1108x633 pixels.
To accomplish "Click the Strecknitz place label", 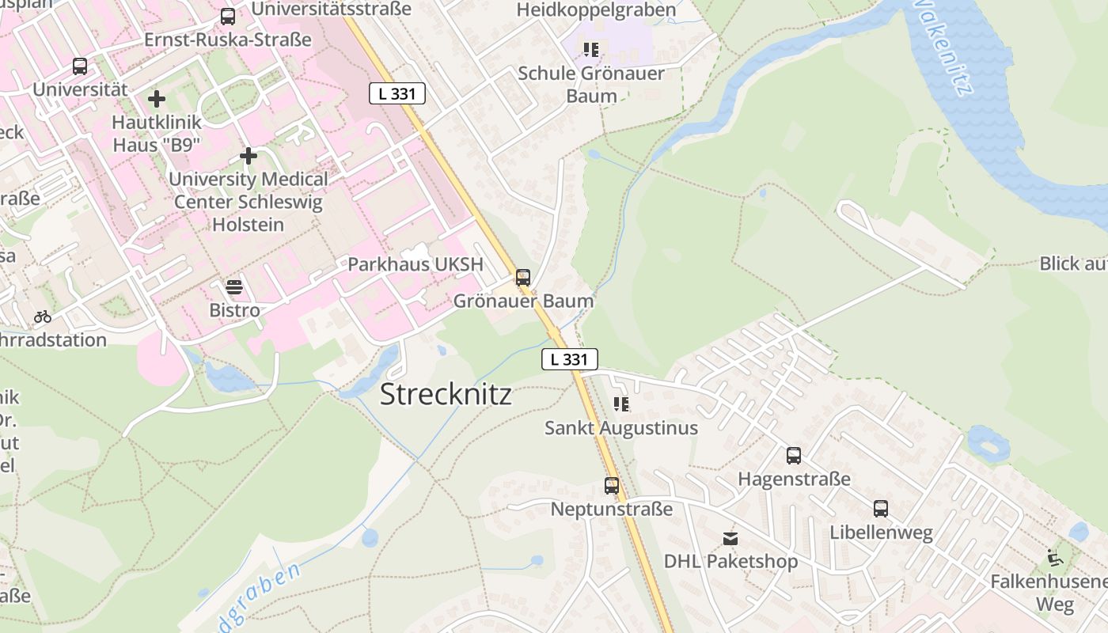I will point(446,394).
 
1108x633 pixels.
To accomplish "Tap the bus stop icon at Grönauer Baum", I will point(522,278).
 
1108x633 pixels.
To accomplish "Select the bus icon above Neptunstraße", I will point(612,486).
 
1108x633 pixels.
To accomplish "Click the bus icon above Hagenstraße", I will point(794,456).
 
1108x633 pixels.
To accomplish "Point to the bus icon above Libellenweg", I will point(881,509).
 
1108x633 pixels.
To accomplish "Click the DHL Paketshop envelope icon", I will point(730,539).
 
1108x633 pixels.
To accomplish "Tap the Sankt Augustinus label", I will point(621,428).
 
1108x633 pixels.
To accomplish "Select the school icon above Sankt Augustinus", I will point(621,405).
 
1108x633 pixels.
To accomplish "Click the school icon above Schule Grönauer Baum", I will point(590,51).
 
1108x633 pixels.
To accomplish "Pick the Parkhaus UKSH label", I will point(415,264).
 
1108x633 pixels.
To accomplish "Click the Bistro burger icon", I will point(234,287).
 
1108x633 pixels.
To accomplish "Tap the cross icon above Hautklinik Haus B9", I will point(157,99).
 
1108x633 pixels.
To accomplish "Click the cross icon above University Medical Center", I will point(249,156).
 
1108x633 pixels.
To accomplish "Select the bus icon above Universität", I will point(80,66).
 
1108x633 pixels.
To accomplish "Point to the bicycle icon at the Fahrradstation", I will point(43,317).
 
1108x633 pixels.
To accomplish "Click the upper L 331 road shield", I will point(397,93).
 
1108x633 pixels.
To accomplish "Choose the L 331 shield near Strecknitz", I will point(569,359).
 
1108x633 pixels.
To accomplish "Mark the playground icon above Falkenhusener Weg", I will point(1055,558).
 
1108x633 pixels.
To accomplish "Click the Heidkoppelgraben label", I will point(596,9).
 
